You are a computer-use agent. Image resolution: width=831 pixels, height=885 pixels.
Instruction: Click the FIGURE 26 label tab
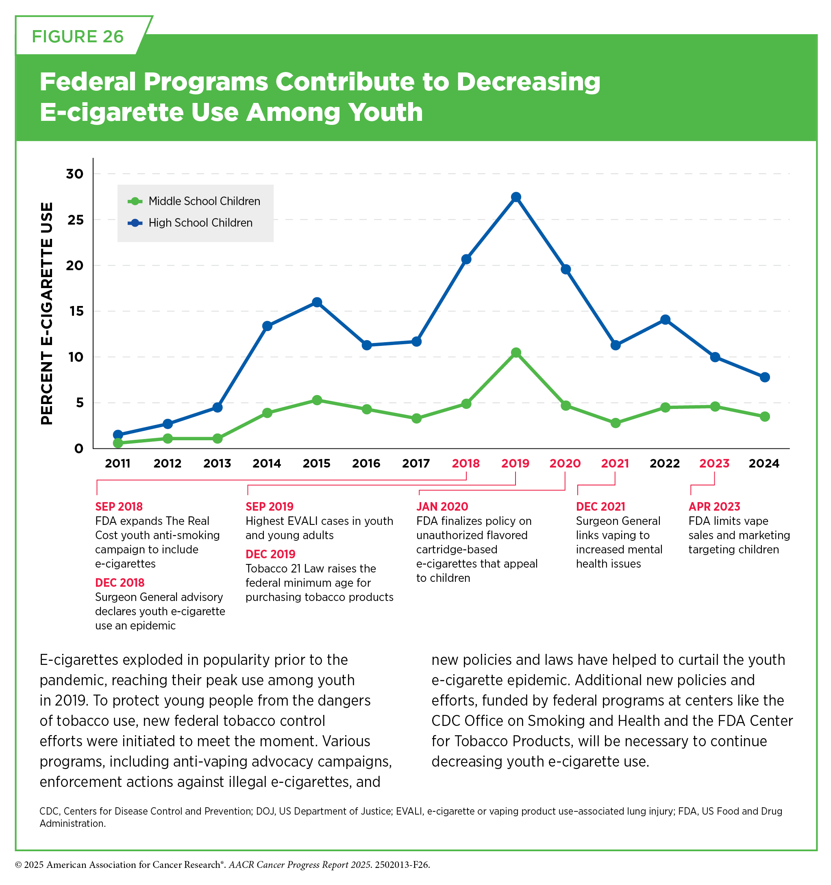click(78, 37)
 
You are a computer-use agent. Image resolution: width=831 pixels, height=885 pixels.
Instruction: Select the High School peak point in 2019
click(516, 197)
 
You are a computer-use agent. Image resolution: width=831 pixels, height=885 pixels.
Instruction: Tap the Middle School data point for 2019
click(516, 352)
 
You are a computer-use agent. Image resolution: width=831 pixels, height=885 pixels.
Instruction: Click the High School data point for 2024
click(764, 377)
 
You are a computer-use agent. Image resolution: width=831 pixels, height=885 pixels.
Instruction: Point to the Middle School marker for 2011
click(118, 443)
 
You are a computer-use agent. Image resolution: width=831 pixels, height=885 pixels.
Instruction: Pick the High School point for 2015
click(317, 302)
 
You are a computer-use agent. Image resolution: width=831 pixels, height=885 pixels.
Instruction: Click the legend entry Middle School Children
click(194, 201)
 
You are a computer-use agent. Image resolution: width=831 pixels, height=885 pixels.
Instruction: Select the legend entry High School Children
click(190, 223)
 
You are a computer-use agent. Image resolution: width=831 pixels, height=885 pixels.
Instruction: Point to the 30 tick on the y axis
click(75, 174)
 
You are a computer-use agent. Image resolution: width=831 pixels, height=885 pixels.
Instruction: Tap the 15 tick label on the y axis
click(76, 311)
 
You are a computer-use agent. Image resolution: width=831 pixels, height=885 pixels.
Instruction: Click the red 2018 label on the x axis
click(466, 463)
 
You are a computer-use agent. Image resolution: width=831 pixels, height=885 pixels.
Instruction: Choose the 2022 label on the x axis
click(665, 463)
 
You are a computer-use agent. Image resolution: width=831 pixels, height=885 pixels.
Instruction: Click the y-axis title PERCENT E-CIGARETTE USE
click(47, 313)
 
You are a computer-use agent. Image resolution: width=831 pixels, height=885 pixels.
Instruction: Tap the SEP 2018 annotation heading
click(119, 507)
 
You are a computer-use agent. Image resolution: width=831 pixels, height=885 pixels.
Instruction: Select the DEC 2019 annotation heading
click(270, 554)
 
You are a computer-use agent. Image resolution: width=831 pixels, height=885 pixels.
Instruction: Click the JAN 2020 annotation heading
click(442, 507)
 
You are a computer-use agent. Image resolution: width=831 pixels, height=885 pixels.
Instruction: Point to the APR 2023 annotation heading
click(714, 507)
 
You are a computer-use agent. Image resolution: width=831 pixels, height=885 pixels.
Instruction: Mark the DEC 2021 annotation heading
click(600, 507)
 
